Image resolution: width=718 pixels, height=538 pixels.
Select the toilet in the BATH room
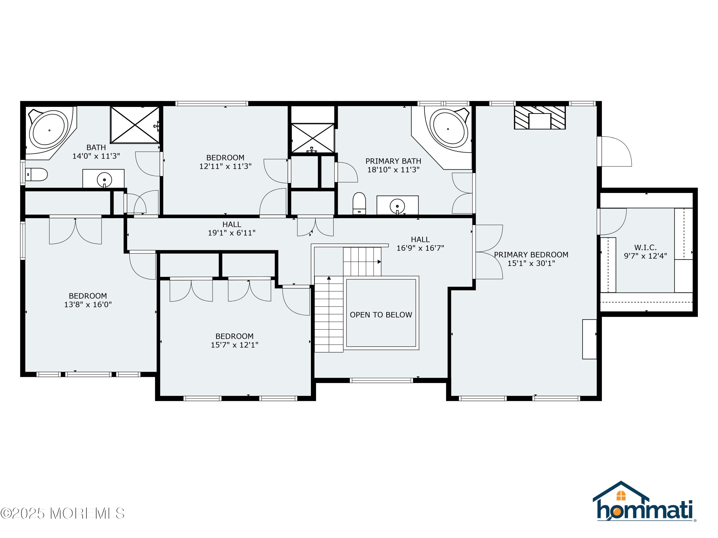pyautogui.click(x=36, y=175)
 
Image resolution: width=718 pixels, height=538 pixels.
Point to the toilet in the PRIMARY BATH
pyautogui.click(x=359, y=203)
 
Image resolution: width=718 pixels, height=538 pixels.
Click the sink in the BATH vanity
pyautogui.click(x=104, y=180)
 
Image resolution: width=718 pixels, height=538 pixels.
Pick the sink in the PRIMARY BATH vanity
pyautogui.click(x=397, y=206)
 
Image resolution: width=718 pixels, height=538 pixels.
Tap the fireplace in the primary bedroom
pyautogui.click(x=539, y=118)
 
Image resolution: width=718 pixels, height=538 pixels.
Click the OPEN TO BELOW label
pyautogui.click(x=381, y=315)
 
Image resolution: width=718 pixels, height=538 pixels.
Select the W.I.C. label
pyautogui.click(x=645, y=247)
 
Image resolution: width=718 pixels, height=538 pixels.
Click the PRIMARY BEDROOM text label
pyautogui.click(x=531, y=255)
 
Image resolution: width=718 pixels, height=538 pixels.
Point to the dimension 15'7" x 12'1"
pyautogui.click(x=234, y=345)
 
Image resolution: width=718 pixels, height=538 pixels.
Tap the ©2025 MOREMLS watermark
pyautogui.click(x=62, y=513)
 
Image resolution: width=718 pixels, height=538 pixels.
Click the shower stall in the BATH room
pyautogui.click(x=135, y=125)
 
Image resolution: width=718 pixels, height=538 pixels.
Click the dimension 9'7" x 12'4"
pyautogui.click(x=645, y=256)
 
